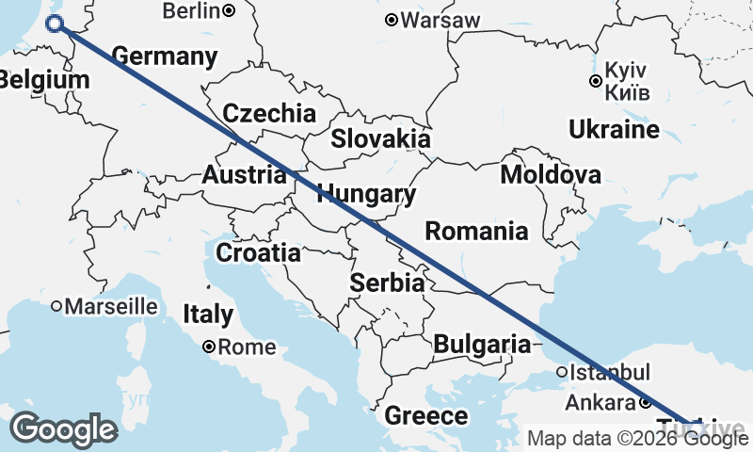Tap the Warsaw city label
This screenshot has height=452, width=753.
click(x=441, y=20)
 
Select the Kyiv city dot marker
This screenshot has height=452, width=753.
click(x=595, y=81)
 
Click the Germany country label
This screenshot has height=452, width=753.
click(x=165, y=56)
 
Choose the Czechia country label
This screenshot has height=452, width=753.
click(x=269, y=114)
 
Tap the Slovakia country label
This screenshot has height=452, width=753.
click(x=380, y=139)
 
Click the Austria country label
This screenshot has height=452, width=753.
click(x=244, y=175)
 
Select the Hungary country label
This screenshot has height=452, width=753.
click(x=367, y=195)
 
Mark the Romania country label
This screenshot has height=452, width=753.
click(x=476, y=231)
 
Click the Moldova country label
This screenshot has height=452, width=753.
click(x=551, y=174)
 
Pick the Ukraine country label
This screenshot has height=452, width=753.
click(x=614, y=129)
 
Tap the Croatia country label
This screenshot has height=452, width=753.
click(x=259, y=253)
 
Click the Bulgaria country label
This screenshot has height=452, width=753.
click(x=482, y=345)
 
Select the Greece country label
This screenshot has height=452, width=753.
click(x=426, y=415)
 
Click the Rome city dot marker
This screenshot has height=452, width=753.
click(x=209, y=347)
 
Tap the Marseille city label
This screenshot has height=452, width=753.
click(x=111, y=306)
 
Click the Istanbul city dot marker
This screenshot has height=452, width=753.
click(x=562, y=372)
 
